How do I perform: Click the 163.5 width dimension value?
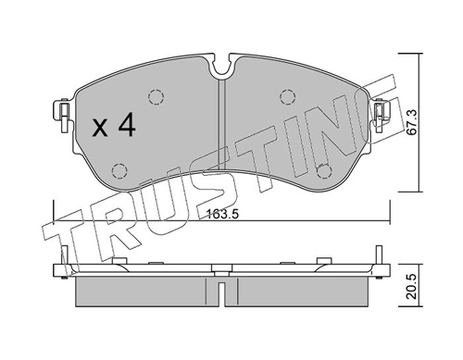coord(222,214)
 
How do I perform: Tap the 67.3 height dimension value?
coord(412,122)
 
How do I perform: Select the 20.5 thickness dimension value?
coord(412,287)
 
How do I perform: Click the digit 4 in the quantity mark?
coord(127,124)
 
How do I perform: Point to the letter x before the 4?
coord(100,128)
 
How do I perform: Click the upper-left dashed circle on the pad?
coord(156,97)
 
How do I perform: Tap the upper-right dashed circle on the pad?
coord(288,97)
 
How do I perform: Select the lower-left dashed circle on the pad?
coord(119,170)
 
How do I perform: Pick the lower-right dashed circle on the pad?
coord(323,170)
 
